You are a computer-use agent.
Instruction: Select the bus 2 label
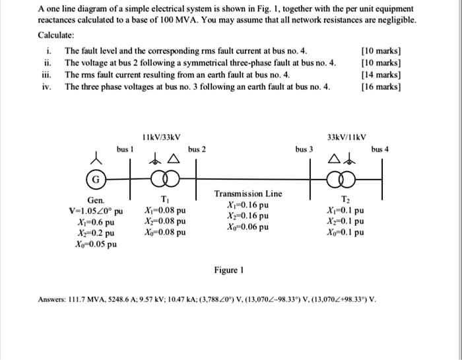pyautogui.click(x=197, y=150)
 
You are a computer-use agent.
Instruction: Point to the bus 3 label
pyautogui.click(x=304, y=150)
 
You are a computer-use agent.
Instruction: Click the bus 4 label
pyautogui.click(x=380, y=150)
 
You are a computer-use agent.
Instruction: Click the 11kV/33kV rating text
pyautogui.click(x=162, y=137)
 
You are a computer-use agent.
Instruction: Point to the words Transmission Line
pyautogui.click(x=248, y=194)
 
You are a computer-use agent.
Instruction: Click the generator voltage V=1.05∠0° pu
pyautogui.click(x=96, y=211)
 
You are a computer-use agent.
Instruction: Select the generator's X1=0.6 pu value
pyautogui.click(x=96, y=222)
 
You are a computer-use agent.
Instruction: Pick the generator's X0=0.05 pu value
pyautogui.click(x=96, y=244)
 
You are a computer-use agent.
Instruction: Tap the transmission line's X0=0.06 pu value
pyautogui.click(x=247, y=227)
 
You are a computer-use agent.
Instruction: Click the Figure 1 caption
pyautogui.click(x=229, y=270)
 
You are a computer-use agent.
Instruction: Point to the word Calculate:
pyautogui.click(x=56, y=34)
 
